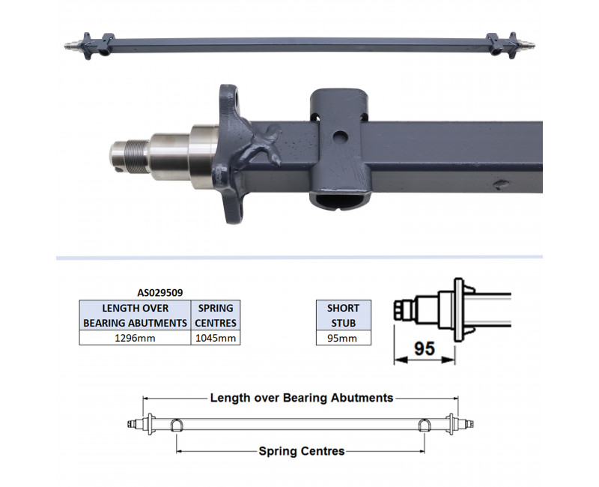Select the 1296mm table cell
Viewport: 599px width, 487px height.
click(136, 338)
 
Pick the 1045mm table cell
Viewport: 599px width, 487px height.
click(216, 338)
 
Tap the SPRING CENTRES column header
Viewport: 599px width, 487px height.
click(216, 315)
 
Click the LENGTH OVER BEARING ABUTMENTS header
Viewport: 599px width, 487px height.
click(136, 315)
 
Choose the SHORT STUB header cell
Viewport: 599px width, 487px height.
click(343, 315)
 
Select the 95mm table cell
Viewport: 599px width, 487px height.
click(343, 338)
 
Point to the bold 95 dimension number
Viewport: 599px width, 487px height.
click(425, 349)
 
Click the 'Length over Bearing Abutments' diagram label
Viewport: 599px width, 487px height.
click(302, 398)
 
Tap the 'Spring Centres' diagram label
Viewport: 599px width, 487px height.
click(302, 451)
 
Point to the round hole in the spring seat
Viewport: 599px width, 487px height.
click(341, 137)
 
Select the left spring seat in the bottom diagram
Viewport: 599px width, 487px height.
click(177, 425)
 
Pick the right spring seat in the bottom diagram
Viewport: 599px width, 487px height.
click(425, 425)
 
